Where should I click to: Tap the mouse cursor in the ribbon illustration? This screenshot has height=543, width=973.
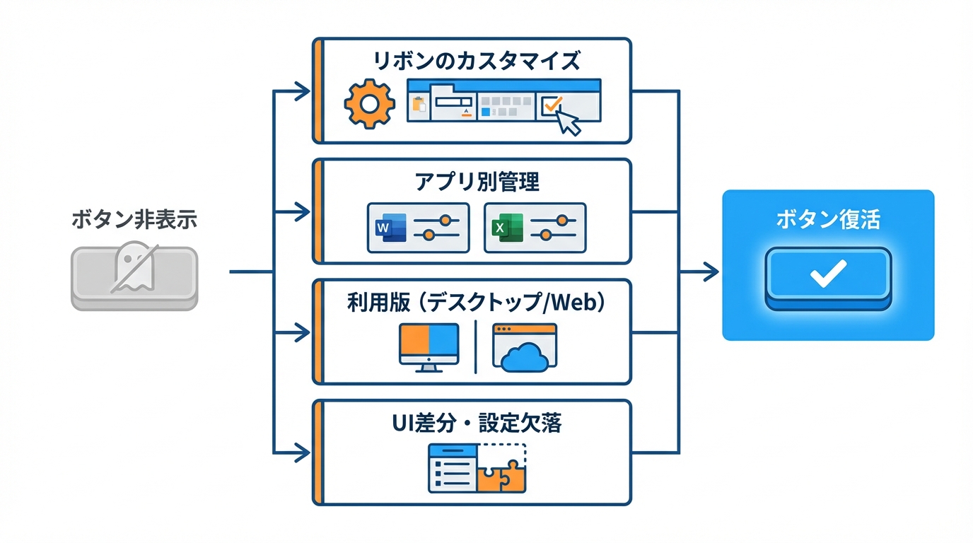569,122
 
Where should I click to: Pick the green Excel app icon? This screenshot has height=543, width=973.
505,228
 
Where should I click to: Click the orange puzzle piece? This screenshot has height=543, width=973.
502,476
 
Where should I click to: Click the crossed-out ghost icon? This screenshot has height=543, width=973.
134,269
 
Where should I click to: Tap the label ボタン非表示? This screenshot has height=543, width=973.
134,220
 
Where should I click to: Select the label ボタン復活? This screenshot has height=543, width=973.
828,220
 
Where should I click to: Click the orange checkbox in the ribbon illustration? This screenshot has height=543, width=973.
551,106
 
